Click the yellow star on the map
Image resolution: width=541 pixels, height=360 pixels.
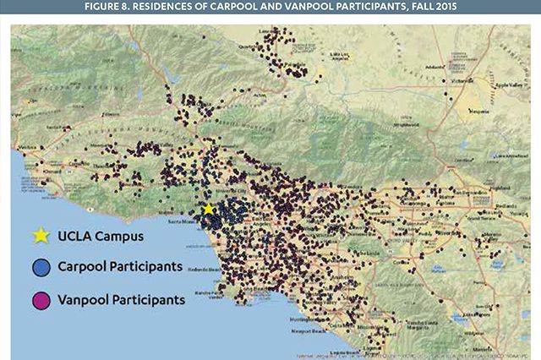(x=208, y=209)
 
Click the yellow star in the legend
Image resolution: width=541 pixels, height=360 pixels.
(x=39, y=236)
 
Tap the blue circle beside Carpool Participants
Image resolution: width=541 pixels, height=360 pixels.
(x=39, y=267)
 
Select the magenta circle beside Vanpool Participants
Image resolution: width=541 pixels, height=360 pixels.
(x=39, y=299)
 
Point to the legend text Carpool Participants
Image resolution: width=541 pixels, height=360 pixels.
(x=120, y=267)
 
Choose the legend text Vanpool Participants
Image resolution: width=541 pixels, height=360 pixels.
(x=121, y=299)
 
